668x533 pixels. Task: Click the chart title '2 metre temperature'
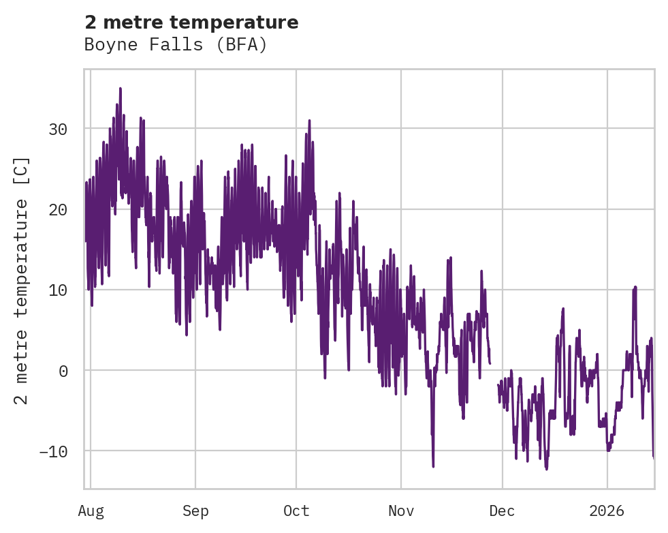(191, 22)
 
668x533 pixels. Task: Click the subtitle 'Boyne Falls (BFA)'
(176, 45)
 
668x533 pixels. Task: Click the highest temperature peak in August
(120, 89)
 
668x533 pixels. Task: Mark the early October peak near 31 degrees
(309, 121)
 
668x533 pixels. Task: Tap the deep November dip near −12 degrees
(433, 466)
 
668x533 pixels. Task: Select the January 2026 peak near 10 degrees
(635, 288)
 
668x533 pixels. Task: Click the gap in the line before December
(494, 371)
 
